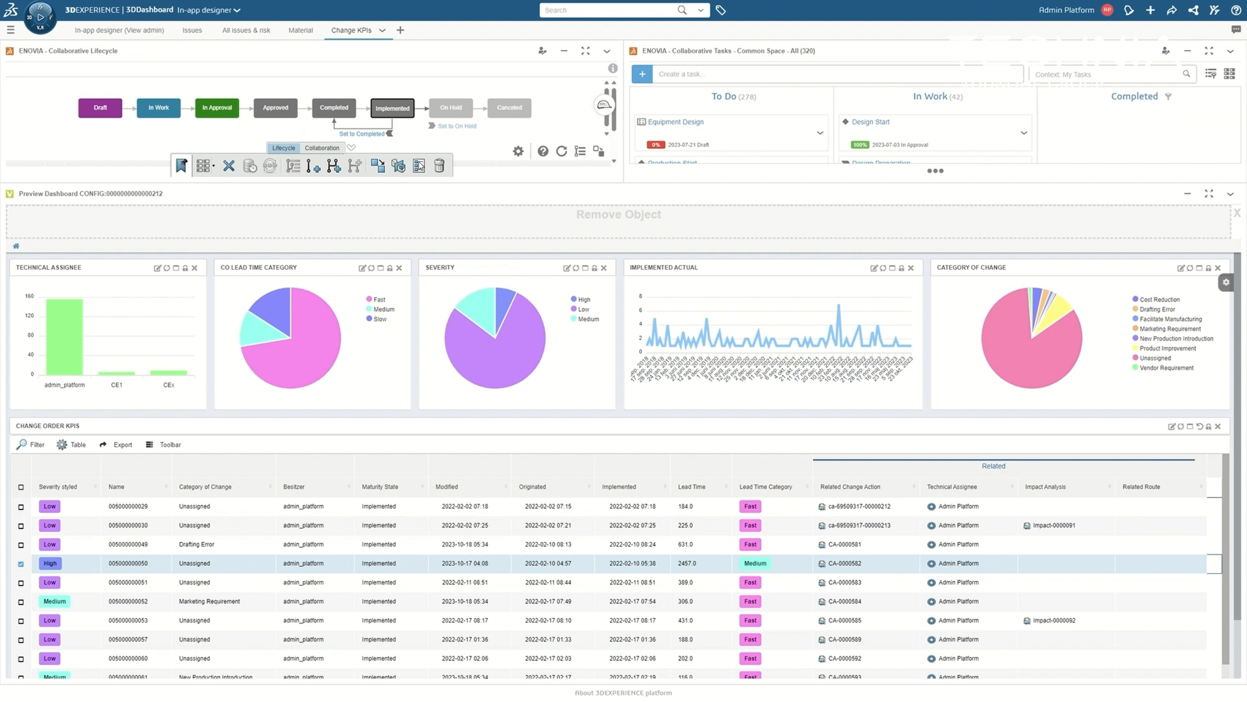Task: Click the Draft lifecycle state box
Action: (x=100, y=108)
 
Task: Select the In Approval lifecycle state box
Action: (x=217, y=108)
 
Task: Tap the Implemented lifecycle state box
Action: (x=392, y=109)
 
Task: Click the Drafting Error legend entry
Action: (x=1157, y=309)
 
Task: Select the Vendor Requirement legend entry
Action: (x=1166, y=368)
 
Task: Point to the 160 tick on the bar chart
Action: (x=30, y=296)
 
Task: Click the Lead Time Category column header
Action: (x=765, y=487)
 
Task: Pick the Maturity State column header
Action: (x=380, y=487)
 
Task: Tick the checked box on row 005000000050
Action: (x=21, y=564)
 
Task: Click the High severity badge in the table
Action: (x=50, y=564)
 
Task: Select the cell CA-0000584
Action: (x=844, y=602)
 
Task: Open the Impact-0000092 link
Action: (x=1053, y=621)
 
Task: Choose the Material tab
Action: (x=300, y=31)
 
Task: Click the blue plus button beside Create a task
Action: (x=642, y=74)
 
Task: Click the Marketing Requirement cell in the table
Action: (x=209, y=602)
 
